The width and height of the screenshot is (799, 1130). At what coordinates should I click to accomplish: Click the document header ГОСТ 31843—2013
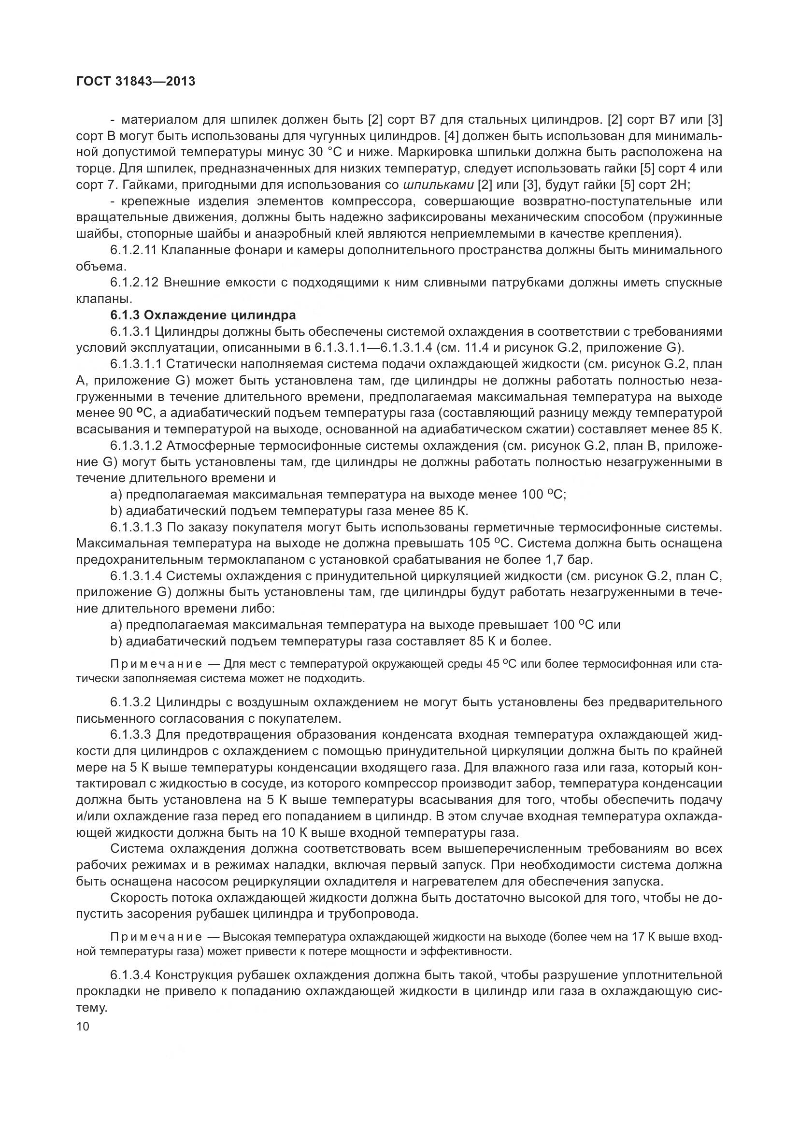[x=136, y=81]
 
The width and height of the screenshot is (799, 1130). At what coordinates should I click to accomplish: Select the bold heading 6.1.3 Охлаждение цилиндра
[x=203, y=315]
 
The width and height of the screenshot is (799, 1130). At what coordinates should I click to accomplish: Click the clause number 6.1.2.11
[x=133, y=250]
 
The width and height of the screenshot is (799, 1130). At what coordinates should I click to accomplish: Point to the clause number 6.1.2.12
[x=133, y=283]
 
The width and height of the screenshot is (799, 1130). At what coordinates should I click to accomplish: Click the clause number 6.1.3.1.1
[x=136, y=364]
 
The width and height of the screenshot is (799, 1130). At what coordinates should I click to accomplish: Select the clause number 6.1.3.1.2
[x=136, y=445]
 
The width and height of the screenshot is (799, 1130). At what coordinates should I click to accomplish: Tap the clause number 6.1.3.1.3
[x=136, y=527]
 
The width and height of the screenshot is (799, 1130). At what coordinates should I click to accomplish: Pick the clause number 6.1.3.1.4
[x=136, y=576]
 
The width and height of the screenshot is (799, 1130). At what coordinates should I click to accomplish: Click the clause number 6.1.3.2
[x=130, y=702]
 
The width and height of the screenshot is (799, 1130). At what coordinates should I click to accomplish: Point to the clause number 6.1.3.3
[x=130, y=735]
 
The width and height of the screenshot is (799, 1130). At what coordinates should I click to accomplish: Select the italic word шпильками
[x=438, y=185]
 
